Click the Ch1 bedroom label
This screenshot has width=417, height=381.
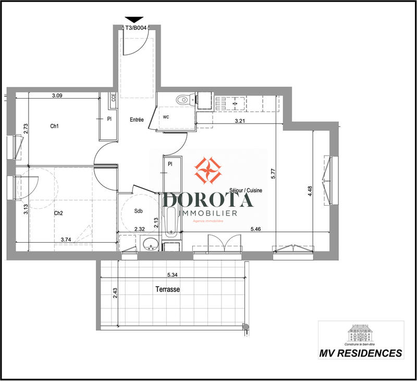(54, 126)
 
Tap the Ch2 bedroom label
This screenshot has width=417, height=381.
(58, 213)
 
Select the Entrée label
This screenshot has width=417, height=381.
(137, 120)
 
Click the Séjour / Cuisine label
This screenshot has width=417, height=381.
(246, 191)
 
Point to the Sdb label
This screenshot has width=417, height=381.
(138, 211)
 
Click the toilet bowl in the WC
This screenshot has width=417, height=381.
(182, 99)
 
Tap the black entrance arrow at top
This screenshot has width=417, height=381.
(134, 20)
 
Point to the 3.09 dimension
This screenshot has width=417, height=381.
(57, 96)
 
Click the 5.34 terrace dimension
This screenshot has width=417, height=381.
(174, 275)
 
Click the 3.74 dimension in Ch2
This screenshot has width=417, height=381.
(66, 239)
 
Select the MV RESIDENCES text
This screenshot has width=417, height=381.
(361, 353)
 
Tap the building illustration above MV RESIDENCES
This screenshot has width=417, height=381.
(361, 331)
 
